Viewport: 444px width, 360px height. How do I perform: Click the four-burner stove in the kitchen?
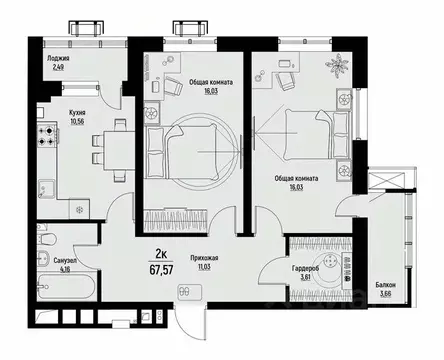coord(46,137)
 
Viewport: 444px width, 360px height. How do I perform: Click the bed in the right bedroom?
coord(296,135)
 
